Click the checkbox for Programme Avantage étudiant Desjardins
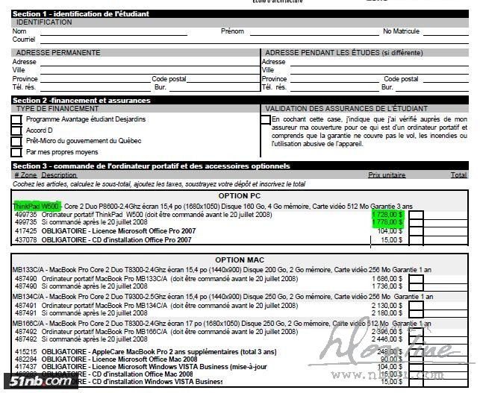point(16,119)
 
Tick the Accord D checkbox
point(16,131)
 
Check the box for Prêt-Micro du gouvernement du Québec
point(16,141)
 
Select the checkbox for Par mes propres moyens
point(16,152)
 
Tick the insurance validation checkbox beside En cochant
point(266,119)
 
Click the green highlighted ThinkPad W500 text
point(36,205)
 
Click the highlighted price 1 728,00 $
point(387,214)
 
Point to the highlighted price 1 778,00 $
point(387,221)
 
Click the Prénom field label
point(232,31)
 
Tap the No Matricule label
point(402,31)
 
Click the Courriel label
point(24,40)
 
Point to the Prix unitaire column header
point(387,175)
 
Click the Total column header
point(458,175)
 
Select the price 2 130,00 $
point(387,305)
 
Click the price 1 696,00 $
point(387,277)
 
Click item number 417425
point(25,231)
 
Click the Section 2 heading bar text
point(81,100)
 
